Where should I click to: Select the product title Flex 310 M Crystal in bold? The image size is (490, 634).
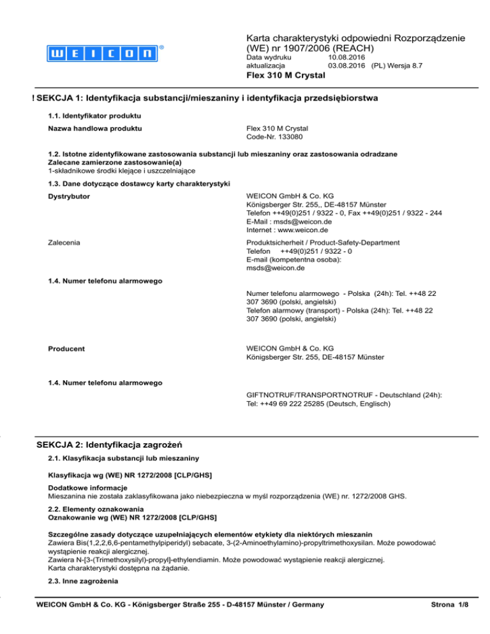pos(285,76)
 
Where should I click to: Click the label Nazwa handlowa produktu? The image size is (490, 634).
pos(95,129)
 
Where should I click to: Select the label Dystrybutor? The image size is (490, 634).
pos(69,196)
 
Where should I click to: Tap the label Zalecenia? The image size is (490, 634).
pos(66,242)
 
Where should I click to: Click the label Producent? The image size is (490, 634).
pos(66,348)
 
